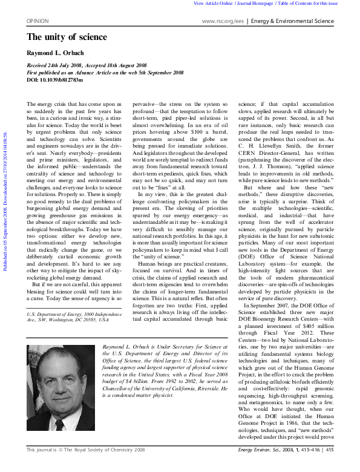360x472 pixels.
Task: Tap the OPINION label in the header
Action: coord(38,21)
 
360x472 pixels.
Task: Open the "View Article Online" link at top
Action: coord(213,4)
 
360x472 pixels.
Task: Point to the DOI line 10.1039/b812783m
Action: coord(55,79)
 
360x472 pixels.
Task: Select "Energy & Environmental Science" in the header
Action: coord(293,21)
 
